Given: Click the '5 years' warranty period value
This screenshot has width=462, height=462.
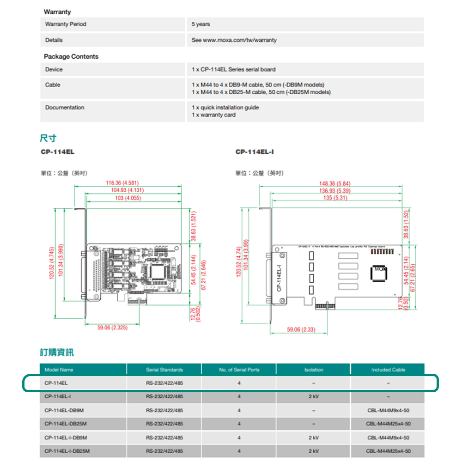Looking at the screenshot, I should (201, 24).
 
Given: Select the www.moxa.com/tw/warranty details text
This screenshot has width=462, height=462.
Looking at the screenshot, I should (240, 40).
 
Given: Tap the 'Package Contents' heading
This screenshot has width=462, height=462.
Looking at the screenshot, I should (71, 56).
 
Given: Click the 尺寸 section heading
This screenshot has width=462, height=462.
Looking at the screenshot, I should (48, 138).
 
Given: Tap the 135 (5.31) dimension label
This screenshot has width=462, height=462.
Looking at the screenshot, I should (334, 198).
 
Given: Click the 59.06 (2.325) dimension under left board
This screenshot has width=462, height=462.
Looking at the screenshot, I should (112, 328).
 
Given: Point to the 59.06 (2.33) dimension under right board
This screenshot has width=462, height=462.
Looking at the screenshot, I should (301, 329).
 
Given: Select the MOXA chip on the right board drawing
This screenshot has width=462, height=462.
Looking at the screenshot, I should (379, 273).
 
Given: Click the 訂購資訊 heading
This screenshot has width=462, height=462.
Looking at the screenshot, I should (56, 353).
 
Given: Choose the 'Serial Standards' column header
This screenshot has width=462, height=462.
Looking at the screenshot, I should (164, 370).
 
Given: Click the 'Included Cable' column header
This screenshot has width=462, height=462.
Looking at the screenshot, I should (388, 370).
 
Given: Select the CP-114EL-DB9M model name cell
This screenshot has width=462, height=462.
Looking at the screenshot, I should (64, 410).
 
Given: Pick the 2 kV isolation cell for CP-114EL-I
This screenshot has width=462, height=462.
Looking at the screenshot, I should (314, 396).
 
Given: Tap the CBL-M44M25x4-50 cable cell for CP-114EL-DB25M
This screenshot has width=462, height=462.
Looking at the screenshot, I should (388, 424).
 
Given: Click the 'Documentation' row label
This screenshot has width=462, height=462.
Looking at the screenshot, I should (65, 108).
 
